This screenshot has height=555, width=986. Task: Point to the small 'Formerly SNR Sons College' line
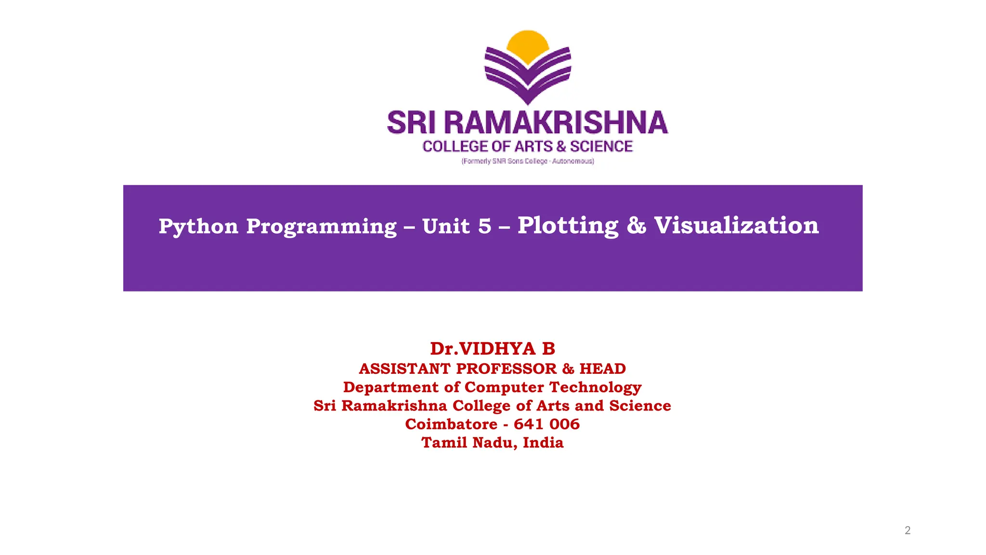[x=528, y=161]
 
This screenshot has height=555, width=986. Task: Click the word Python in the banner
[x=198, y=226]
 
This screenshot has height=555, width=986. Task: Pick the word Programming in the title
[x=321, y=226]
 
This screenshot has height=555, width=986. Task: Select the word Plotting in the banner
[x=568, y=225]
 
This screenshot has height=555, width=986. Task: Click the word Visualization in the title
[x=736, y=225]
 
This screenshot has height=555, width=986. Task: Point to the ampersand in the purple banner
[x=636, y=225]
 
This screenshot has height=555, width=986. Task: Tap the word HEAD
[x=602, y=369]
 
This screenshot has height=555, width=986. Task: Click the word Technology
[x=596, y=387]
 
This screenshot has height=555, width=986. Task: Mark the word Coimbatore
[x=451, y=424]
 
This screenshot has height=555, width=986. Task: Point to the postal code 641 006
[x=546, y=424]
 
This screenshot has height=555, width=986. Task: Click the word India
[x=543, y=443]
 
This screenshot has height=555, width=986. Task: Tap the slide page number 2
[x=908, y=530]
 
